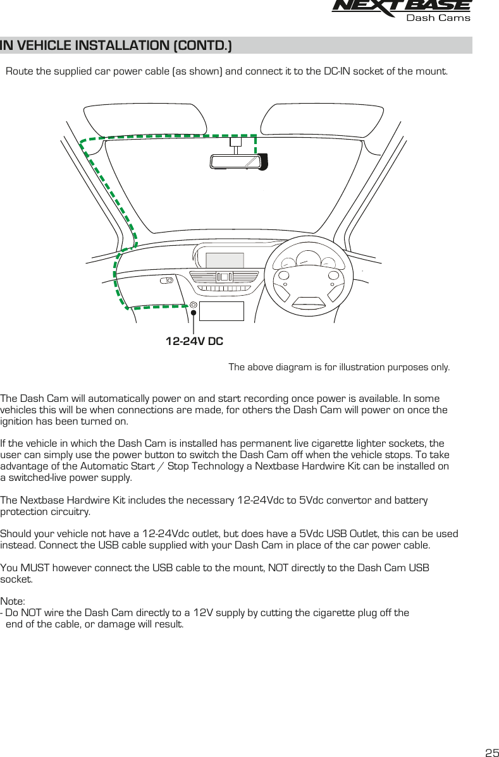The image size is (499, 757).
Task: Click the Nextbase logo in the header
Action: pos(401,6)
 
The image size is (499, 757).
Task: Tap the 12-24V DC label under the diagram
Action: pos(194,342)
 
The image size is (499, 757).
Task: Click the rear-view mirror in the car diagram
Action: pos(235,162)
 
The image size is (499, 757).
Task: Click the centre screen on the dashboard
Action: pos(225,260)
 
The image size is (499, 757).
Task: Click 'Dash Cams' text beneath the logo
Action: pos(438,18)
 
